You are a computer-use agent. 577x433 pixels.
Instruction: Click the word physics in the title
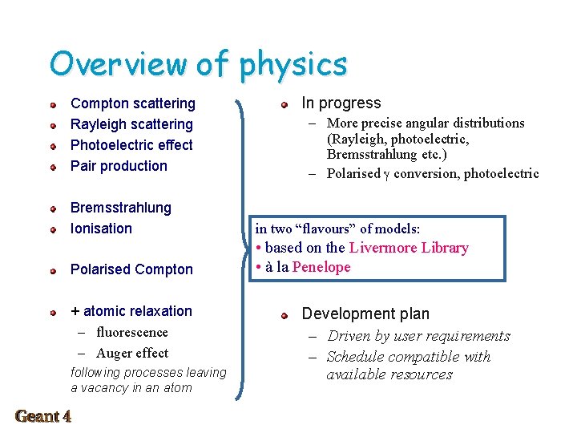pos(293,65)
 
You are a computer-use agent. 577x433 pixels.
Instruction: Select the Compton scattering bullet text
pos(133,103)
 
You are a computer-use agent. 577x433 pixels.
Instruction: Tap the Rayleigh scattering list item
pos(131,124)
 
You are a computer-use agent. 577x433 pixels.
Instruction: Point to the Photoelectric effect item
pos(131,145)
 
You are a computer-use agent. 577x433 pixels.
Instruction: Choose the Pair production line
pos(119,166)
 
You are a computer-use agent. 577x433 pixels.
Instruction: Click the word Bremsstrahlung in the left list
pos(121,208)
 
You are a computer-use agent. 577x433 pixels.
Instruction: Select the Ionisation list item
pos(101,229)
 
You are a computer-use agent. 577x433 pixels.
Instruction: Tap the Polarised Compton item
pos(131,269)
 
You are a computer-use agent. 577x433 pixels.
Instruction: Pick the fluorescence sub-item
pos(131,332)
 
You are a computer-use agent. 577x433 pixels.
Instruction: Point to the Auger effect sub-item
pos(131,353)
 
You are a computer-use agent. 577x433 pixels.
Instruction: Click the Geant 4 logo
pos(43,415)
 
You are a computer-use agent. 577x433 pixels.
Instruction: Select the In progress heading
pos(341,103)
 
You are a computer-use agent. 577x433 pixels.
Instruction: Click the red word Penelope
pos(321,267)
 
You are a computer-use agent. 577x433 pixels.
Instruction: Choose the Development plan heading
pos(365,314)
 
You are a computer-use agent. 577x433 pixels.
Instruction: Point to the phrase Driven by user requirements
pos(418,336)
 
